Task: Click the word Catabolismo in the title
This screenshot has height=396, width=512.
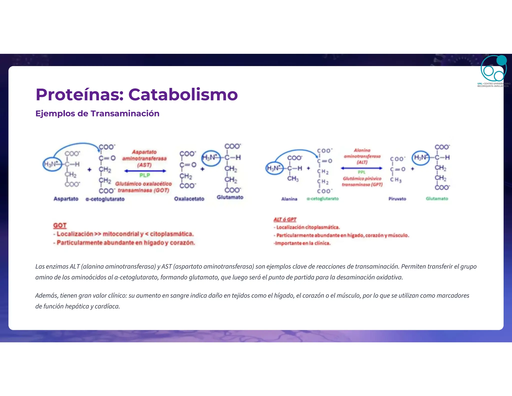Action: click(183, 95)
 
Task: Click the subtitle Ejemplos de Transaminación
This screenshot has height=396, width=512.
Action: click(97, 113)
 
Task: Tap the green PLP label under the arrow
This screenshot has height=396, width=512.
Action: click(145, 175)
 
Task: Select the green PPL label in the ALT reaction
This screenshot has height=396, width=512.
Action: click(361, 172)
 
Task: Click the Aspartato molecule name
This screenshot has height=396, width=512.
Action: click(66, 199)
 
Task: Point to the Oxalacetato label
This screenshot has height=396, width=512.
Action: click(189, 199)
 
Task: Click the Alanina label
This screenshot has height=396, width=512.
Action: click(289, 199)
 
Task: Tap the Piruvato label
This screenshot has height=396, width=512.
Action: click(397, 199)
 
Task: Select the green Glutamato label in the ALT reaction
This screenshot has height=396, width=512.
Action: click(437, 199)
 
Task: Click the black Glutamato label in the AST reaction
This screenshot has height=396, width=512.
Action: click(230, 197)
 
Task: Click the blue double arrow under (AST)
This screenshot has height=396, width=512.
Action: click(145, 171)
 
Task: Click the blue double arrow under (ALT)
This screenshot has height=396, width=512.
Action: click(361, 168)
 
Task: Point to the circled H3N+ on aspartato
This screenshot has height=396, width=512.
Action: click(52, 164)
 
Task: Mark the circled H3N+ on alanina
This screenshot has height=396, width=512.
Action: click(274, 168)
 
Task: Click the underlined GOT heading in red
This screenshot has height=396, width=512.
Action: click(60, 226)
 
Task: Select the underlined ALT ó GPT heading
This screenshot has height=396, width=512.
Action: click(285, 220)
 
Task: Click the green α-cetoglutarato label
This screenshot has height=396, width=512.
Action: click(322, 199)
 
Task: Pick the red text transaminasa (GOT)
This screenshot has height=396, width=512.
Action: click(143, 190)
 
